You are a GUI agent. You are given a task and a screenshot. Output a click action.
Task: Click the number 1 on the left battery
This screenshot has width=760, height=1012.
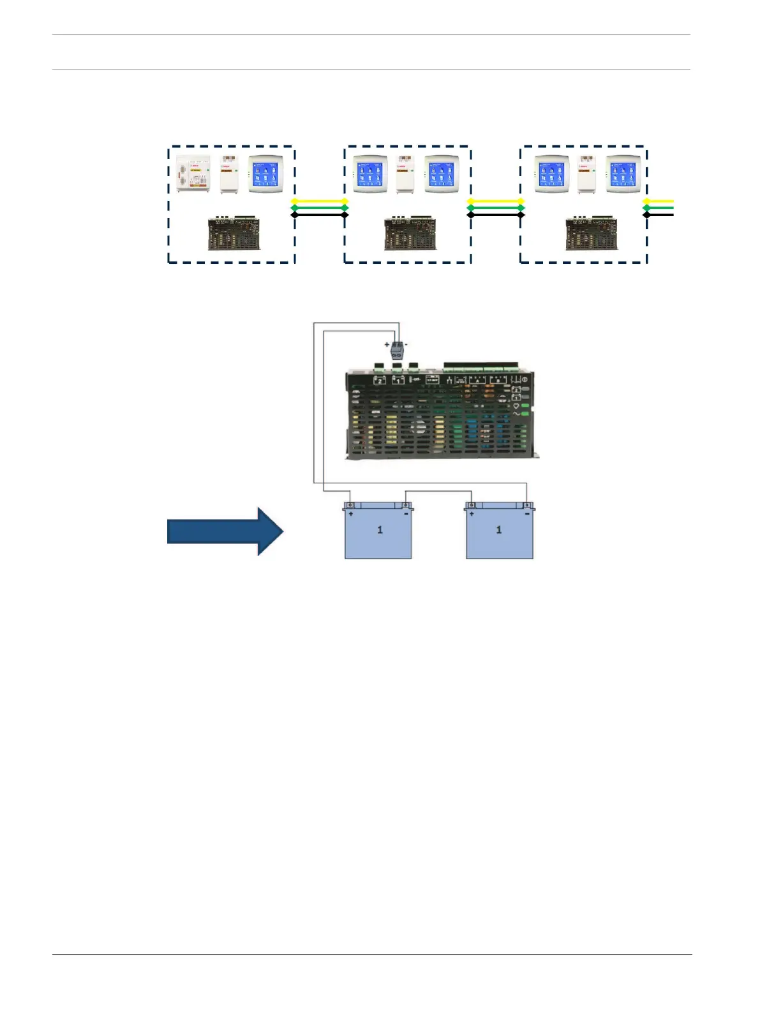pos(380,530)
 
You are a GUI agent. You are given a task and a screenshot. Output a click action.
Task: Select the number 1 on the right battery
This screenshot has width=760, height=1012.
pos(499,530)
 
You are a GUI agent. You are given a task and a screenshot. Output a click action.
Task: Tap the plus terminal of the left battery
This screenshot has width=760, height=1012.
pos(350,506)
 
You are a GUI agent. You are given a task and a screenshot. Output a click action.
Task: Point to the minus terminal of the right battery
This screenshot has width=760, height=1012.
pos(526,506)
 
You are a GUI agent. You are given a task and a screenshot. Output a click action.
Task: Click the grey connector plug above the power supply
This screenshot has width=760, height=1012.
pos(398,351)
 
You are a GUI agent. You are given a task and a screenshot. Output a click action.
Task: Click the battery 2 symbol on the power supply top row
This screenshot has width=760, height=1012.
pos(380,380)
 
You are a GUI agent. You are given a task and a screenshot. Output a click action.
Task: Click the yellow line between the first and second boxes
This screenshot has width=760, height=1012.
pos(319,201)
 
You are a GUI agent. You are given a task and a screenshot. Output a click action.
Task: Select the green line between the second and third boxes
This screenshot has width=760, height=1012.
pos(496,208)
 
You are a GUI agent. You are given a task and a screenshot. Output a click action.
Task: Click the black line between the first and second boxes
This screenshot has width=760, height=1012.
pos(319,215)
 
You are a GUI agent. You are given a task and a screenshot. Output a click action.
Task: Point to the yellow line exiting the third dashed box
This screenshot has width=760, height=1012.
pos(660,201)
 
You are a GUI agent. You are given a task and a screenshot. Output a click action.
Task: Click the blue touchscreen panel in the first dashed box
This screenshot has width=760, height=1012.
pos(265,175)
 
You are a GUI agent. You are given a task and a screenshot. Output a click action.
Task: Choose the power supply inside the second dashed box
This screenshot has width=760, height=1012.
pos(410,234)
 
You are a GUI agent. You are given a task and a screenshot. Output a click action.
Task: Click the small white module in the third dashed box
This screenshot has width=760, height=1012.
pos(586,175)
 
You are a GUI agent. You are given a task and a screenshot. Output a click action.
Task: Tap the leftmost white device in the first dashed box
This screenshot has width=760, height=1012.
pos(193,174)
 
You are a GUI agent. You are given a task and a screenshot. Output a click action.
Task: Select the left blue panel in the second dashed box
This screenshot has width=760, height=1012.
pos(370,175)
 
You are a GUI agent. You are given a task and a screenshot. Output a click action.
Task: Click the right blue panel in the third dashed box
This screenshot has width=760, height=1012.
pos(622,175)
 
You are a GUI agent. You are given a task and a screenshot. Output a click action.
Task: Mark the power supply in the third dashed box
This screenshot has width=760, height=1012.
pos(591,234)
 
